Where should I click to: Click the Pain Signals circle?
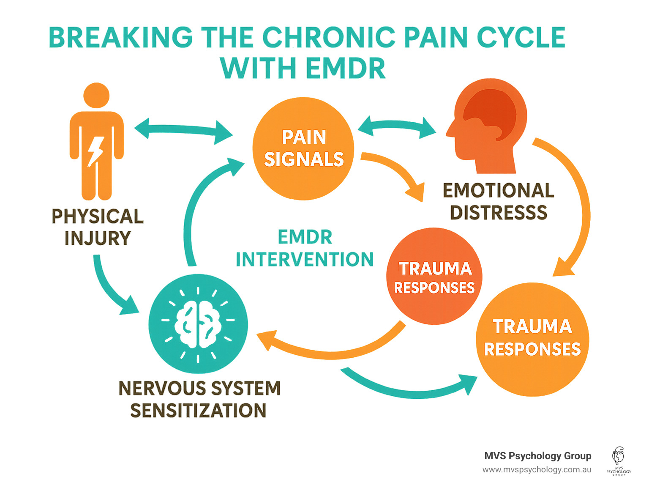303,148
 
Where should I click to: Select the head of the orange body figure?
96,96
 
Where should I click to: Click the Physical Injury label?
98,227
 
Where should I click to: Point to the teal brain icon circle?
198,324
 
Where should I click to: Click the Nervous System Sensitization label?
199,399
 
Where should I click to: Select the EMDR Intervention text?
305,248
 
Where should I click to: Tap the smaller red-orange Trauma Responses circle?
434,277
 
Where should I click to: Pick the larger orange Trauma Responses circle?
532,339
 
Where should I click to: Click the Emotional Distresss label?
498,201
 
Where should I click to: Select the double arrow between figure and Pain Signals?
183,130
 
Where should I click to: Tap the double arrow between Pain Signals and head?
396,126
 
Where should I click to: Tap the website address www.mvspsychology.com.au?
537,470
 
